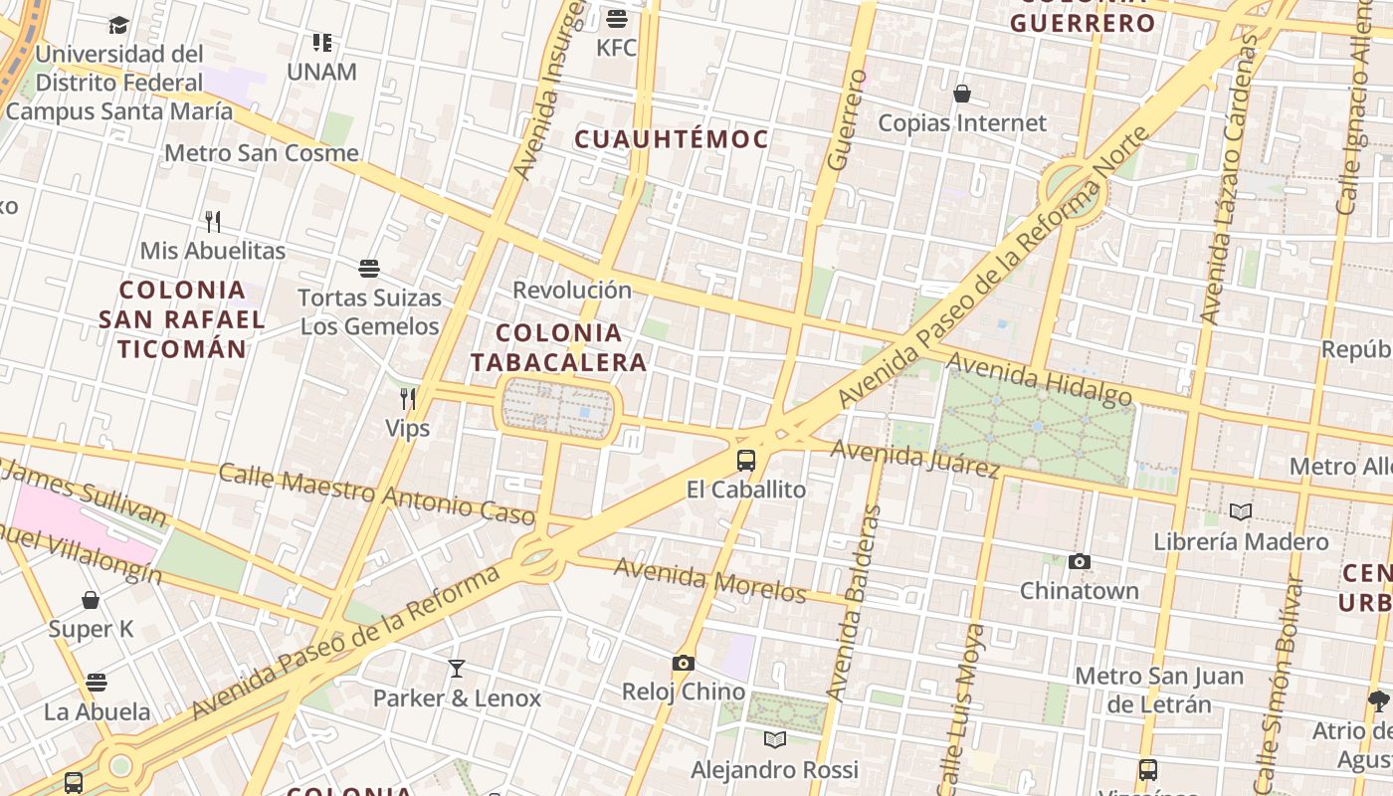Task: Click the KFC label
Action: tap(616, 48)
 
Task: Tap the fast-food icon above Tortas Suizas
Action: tap(369, 269)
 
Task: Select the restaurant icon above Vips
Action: tap(408, 399)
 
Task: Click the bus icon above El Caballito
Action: tap(746, 461)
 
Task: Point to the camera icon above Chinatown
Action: tap(1080, 562)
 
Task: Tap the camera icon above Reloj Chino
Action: tap(683, 663)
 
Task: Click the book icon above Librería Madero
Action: tap(1241, 512)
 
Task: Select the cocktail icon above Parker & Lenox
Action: tap(457, 669)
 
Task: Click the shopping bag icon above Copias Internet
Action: tap(962, 95)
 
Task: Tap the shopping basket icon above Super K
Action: tap(91, 600)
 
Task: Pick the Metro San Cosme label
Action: tap(261, 153)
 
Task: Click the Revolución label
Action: tap(572, 291)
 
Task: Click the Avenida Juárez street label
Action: tap(915, 459)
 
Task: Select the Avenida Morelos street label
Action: tap(710, 580)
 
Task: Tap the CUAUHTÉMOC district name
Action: tap(673, 139)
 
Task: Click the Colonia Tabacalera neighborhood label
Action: tap(559, 347)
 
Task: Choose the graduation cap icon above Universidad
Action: tap(118, 25)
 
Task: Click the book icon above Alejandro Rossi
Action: tap(775, 739)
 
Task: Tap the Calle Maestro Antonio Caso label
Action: tap(377, 494)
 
